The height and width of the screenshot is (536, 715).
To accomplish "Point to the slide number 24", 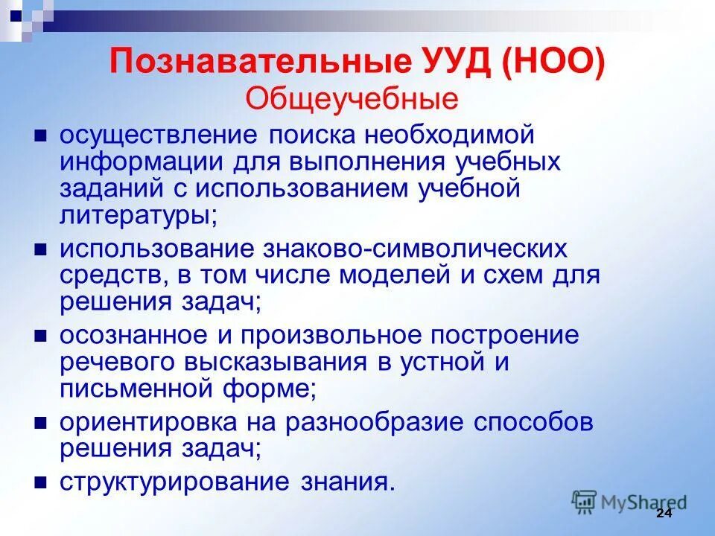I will pos(664,516).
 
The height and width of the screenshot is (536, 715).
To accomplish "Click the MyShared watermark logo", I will pos(629,501).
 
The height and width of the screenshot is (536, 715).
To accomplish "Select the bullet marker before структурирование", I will pos(42,480).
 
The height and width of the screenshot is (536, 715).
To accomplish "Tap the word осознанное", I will pos(134,336).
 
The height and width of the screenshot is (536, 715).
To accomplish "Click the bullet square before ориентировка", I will pos(42,423).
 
